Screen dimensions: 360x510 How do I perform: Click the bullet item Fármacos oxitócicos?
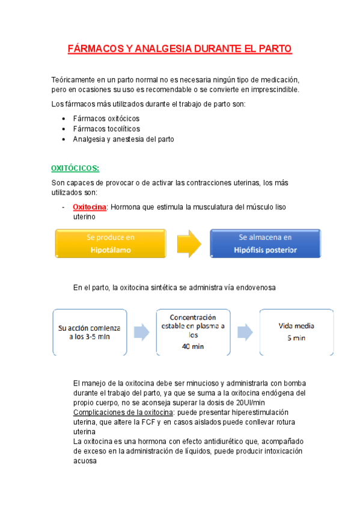coord(106,118)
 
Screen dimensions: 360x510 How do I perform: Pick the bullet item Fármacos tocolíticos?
coord(106,129)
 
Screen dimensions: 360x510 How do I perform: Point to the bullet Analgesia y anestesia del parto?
coord(123,139)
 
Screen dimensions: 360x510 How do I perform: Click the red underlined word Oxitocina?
coord(90,207)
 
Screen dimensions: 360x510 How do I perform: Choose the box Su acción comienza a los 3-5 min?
coord(90,332)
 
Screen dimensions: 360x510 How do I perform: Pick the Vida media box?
coord(296,332)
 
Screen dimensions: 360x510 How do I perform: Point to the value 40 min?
coord(193,347)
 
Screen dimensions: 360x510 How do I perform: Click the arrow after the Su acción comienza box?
coord(141,332)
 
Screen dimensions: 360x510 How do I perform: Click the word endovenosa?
coord(254,288)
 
